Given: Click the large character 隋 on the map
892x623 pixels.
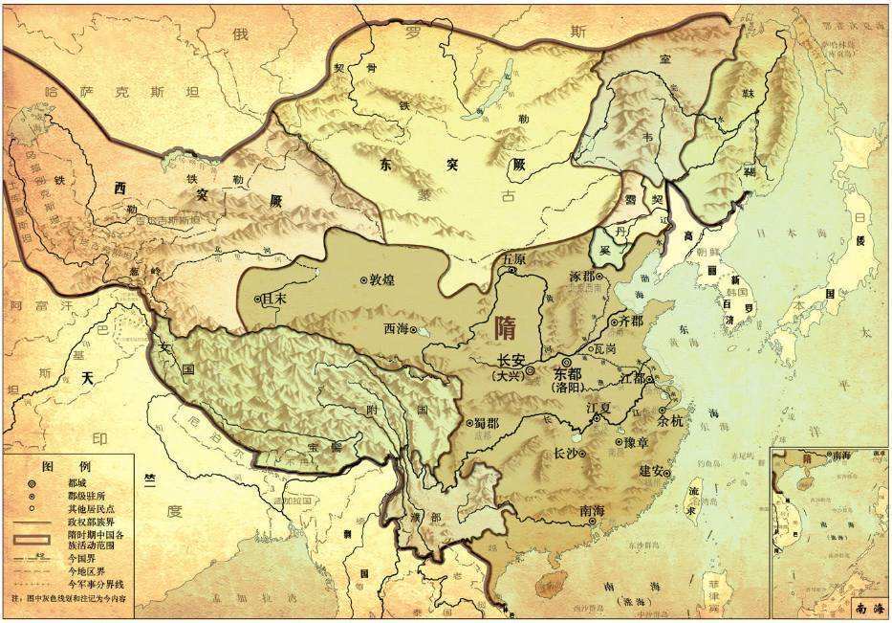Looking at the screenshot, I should (509, 328).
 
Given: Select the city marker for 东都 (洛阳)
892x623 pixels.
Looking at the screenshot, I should (566, 363).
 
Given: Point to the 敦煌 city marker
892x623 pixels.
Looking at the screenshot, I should (363, 279).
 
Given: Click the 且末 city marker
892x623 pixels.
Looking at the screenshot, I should (258, 299).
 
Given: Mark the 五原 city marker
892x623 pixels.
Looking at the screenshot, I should (512, 271).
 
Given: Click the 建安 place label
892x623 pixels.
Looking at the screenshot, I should (657, 470).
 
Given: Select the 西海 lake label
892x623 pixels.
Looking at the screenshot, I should (400, 328).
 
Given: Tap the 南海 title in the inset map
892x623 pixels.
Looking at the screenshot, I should (862, 606).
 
